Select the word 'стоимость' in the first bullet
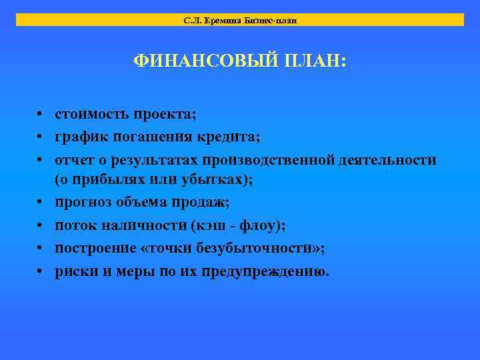pos(91,114)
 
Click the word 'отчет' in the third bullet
pos(72,160)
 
